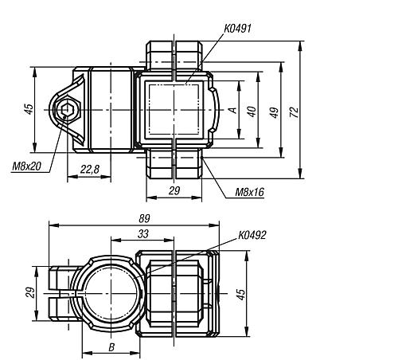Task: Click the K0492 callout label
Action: (x=252, y=236)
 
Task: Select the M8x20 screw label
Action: (x=27, y=166)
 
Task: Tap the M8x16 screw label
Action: (x=249, y=191)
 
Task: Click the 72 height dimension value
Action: (x=294, y=111)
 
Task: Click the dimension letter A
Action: (x=232, y=112)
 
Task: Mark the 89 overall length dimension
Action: (x=144, y=217)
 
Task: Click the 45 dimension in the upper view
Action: (x=28, y=109)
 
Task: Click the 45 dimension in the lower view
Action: (x=240, y=295)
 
